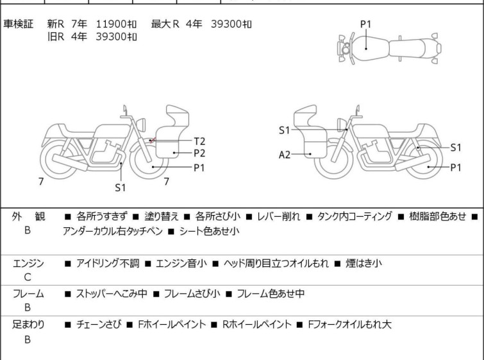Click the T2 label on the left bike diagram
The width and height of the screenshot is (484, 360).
[x=199, y=141]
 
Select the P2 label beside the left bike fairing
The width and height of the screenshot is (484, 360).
[x=199, y=153]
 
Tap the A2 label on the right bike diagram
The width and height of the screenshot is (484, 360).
[x=285, y=155]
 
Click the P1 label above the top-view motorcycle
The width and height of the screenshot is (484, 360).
[x=366, y=24]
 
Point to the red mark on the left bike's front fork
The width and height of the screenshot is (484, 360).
[x=152, y=141]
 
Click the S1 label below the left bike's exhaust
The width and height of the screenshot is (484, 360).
[x=121, y=187]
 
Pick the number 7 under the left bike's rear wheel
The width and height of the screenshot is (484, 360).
[x=41, y=182]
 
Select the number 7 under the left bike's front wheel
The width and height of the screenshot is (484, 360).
[x=167, y=182]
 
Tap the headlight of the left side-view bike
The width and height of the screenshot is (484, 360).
[x=141, y=124]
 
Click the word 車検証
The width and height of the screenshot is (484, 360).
[x=18, y=24]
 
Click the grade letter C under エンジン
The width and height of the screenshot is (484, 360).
[x=28, y=277]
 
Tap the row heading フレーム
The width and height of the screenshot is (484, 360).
[x=28, y=293]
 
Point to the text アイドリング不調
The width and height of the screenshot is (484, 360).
[x=108, y=263]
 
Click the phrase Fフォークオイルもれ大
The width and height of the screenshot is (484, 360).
[x=350, y=325]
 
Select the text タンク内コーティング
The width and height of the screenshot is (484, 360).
[x=355, y=216]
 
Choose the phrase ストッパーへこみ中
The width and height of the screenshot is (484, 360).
[x=112, y=293]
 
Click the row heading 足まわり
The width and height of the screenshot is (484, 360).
[x=28, y=325]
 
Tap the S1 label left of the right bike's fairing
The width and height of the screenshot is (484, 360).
[x=284, y=130]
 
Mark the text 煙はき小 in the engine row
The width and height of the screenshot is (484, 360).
[x=363, y=263]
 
